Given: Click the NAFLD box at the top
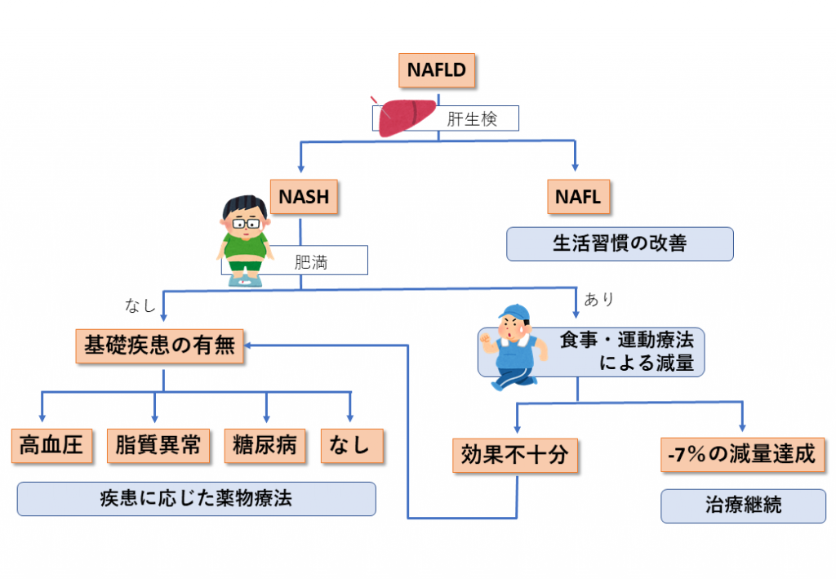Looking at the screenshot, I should (436, 70).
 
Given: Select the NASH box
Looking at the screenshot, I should (304, 196).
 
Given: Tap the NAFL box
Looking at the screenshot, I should (577, 196).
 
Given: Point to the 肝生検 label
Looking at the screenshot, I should (471, 119).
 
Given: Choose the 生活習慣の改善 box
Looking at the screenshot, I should (620, 244).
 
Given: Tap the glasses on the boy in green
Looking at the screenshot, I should (246, 222).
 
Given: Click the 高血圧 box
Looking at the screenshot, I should (51, 445).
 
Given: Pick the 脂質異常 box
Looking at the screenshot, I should (158, 445).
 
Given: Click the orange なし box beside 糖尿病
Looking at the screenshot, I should (350, 445).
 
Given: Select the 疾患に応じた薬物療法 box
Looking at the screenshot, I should (196, 498).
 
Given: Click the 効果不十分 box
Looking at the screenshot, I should (514, 456).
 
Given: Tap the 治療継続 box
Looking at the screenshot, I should (742, 506).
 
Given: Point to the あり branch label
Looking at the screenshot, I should (598, 300).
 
